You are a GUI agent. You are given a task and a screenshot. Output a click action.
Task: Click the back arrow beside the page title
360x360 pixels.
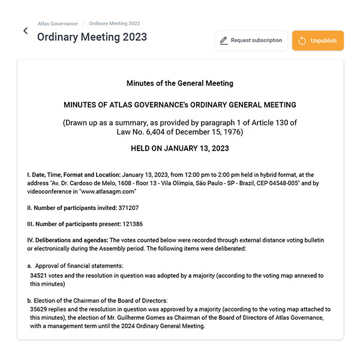click(x=25, y=31)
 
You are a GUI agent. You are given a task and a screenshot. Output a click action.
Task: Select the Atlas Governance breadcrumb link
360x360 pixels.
click(x=58, y=23)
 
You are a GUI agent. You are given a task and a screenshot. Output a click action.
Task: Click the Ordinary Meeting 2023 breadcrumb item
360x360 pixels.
click(x=114, y=23)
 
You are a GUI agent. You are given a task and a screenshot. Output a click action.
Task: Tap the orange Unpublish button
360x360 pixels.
click(x=317, y=40)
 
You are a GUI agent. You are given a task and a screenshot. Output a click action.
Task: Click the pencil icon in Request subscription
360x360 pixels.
click(x=224, y=41)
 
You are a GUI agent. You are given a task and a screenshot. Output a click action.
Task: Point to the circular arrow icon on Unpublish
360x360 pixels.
click(x=302, y=41)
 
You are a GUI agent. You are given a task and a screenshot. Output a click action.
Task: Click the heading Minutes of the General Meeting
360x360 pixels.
click(x=180, y=83)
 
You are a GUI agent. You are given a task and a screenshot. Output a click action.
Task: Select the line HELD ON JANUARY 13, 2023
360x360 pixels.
click(x=180, y=148)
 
